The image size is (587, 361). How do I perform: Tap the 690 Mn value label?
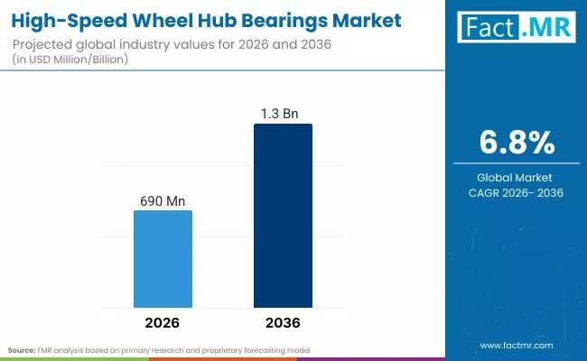(163, 200)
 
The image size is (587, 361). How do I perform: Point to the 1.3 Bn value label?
(283, 114)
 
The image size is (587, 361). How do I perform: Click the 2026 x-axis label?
(163, 322)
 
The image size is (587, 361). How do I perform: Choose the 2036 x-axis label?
(283, 322)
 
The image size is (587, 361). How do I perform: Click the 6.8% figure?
(516, 143)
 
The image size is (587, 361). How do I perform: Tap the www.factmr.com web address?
(516, 345)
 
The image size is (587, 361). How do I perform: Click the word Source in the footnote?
(23, 349)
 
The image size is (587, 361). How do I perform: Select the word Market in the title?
(355, 16)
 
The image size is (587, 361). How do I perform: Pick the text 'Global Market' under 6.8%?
(516, 177)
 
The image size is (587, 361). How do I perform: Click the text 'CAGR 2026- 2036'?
(516, 192)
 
